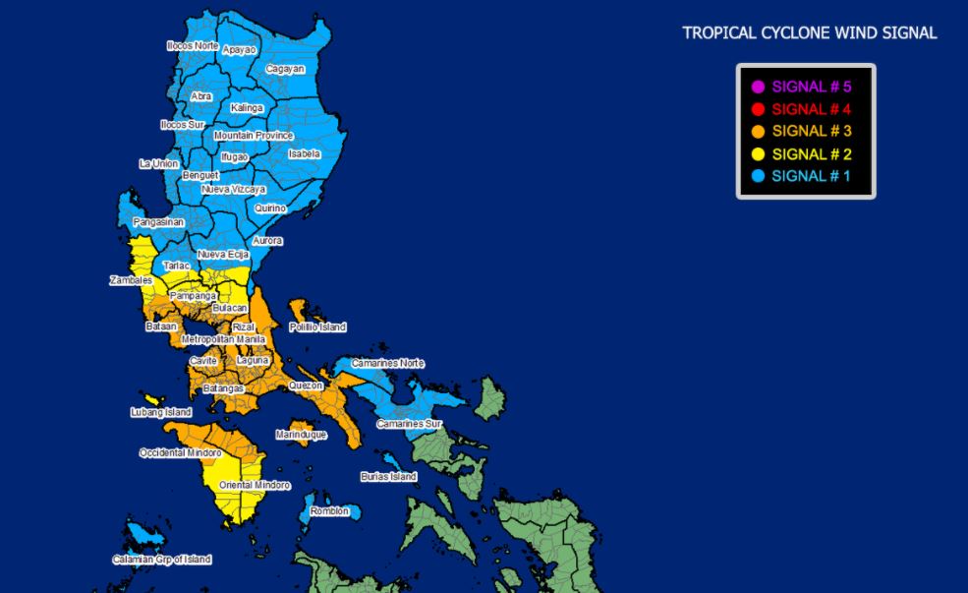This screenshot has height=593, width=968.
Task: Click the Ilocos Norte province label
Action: tap(192, 45)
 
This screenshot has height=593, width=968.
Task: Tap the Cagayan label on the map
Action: tap(285, 69)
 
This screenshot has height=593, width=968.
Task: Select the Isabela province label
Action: tap(305, 153)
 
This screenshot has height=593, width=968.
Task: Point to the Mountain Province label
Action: tap(254, 135)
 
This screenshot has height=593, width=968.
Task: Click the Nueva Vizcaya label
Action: tap(233, 188)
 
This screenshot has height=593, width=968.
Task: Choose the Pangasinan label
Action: tap(158, 222)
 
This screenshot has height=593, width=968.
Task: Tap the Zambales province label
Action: tap(130, 280)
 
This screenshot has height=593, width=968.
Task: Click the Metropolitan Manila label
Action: tap(224, 339)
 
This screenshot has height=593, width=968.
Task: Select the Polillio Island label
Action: tap(317, 326)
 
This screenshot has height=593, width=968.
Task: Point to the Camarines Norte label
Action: tap(387, 363)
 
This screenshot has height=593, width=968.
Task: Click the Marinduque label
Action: tap(300, 434)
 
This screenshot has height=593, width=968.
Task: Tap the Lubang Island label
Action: tap(160, 412)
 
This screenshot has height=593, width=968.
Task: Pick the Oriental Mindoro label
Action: tap(255, 485)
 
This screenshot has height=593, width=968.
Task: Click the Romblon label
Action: tap(329, 511)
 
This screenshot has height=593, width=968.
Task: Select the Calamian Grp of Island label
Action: tap(161, 560)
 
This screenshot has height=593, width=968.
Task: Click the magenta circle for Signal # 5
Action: tap(758, 87)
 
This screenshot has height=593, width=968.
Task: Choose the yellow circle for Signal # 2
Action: tap(758, 154)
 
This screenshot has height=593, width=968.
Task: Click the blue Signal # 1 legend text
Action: tap(811, 176)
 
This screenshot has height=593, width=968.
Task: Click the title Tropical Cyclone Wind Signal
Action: tap(810, 33)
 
